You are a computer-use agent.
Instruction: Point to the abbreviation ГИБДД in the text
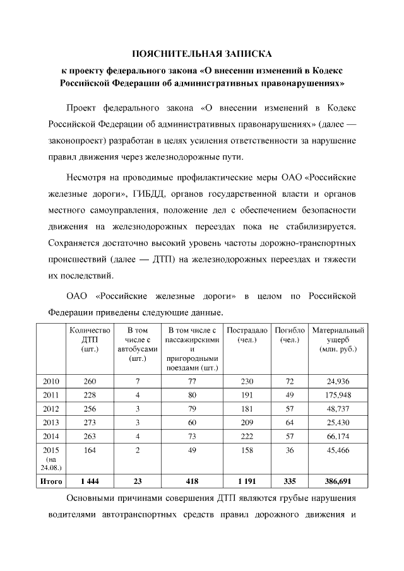[151, 191]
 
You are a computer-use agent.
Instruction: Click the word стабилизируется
[319, 225]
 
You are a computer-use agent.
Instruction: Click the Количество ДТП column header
[90, 339]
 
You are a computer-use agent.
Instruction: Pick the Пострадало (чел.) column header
[247, 335]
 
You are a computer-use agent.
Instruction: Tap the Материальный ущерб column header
[338, 339]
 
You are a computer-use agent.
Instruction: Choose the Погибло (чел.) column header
[290, 335]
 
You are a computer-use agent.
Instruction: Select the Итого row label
[51, 481]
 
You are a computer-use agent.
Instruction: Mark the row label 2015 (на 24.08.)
[51, 458]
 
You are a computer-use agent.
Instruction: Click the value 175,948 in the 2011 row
[338, 395]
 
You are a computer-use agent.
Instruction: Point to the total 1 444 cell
[90, 481]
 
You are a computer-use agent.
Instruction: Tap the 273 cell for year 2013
[90, 421]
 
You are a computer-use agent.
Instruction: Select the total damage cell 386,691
[338, 481]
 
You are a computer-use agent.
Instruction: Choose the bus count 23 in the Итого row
[137, 481]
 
